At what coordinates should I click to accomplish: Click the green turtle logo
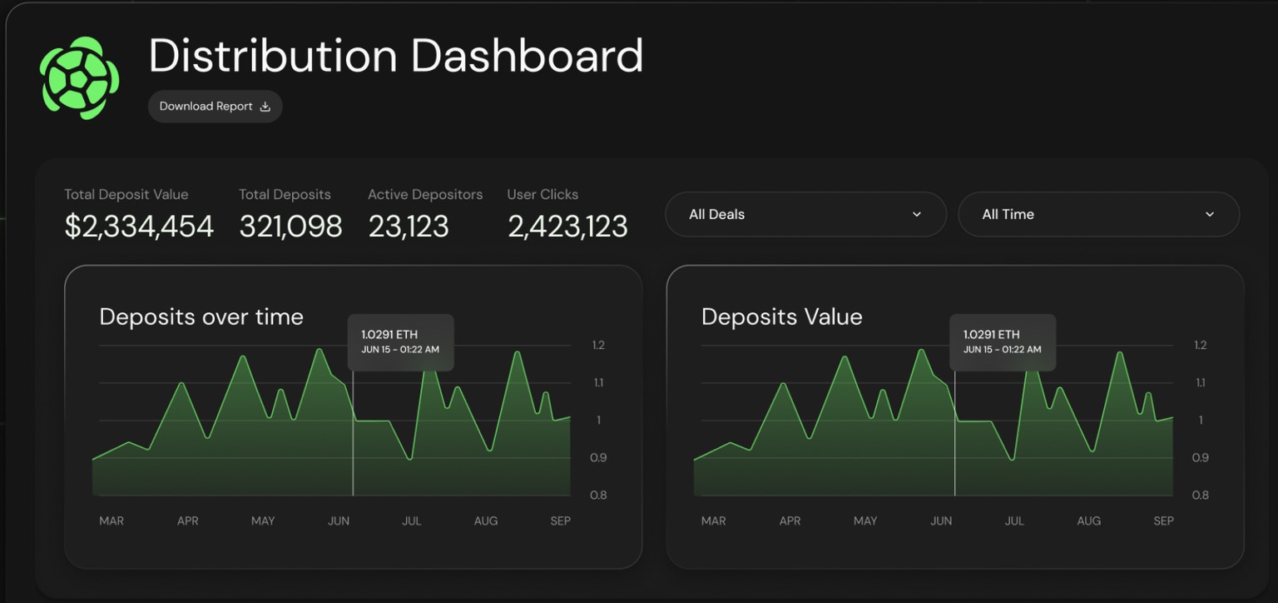coord(79,78)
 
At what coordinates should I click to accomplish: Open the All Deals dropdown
coord(805,214)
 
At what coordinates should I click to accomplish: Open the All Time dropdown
coord(1097,214)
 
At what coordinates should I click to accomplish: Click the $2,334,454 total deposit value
coord(139,226)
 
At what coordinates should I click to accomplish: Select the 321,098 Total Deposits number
coord(290,226)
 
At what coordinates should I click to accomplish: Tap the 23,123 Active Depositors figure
coord(409,226)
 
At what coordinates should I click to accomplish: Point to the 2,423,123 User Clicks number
coord(567,226)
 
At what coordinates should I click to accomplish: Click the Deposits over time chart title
coord(201,316)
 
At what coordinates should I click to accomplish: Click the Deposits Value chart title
coord(781,316)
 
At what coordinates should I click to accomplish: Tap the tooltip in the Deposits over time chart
coord(400,341)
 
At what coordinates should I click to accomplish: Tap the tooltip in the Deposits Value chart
coord(1002,341)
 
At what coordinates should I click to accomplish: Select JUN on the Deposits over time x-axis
coord(339,521)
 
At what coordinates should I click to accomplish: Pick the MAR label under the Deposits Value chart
coord(713,521)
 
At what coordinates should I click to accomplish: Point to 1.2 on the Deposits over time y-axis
coord(597,345)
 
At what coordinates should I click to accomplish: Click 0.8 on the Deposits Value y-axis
coord(1200,495)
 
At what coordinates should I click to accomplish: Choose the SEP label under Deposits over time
coord(560,521)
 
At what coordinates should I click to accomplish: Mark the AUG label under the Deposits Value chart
coord(1088,521)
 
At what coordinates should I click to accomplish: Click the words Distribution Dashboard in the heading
coord(395,56)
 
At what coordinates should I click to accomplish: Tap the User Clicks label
coord(542,194)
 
